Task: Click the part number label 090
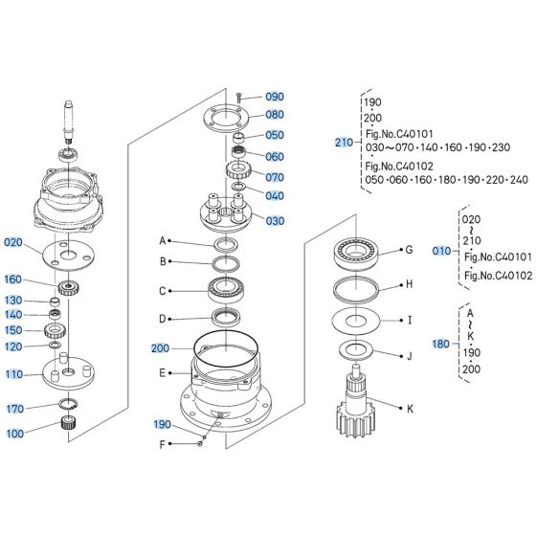click(x=275, y=97)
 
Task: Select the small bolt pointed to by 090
click(x=239, y=98)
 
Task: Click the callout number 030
click(x=275, y=221)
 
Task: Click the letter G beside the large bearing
click(x=409, y=250)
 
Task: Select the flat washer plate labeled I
click(x=356, y=321)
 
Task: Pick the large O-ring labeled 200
click(x=226, y=349)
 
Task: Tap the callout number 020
click(x=13, y=242)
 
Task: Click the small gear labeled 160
click(x=68, y=287)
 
